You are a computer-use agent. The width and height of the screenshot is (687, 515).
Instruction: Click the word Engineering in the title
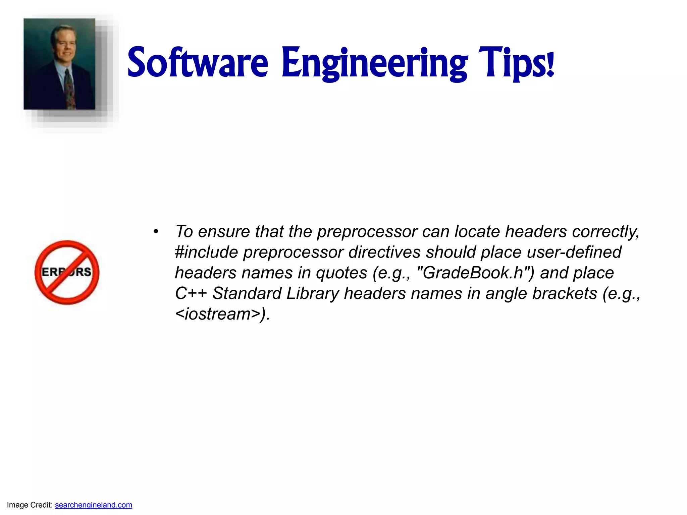374,64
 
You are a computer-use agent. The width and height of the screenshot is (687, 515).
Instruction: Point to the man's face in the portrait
65,45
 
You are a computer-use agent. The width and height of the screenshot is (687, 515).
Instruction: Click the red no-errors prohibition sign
67,272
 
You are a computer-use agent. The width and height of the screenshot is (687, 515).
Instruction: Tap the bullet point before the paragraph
156,232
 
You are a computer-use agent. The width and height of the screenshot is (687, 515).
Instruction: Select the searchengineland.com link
93,505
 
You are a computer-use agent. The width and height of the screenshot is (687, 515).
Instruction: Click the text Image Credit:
30,505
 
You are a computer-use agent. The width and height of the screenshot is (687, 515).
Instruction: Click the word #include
206,252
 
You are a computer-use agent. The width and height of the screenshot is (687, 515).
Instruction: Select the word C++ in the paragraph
191,293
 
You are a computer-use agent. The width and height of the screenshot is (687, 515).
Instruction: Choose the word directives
384,252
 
